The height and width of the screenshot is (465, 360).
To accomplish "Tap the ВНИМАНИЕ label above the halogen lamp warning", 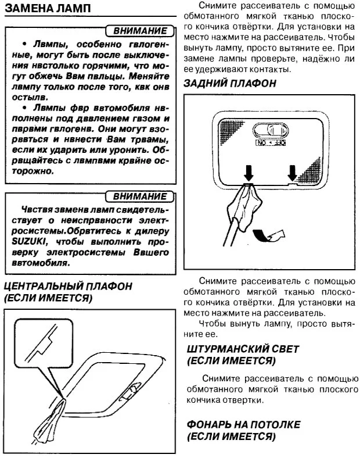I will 140,30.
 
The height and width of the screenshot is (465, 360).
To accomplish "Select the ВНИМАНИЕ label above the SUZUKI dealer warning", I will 140,196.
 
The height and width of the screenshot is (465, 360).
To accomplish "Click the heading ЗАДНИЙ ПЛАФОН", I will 229,83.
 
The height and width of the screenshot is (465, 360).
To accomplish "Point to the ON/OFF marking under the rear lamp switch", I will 271,142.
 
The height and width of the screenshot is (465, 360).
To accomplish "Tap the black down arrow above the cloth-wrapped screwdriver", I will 249,171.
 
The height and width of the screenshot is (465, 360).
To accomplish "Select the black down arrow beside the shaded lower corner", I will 293,171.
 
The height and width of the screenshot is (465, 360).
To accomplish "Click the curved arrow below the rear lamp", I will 271,234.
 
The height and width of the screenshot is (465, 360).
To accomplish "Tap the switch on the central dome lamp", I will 131,388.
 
